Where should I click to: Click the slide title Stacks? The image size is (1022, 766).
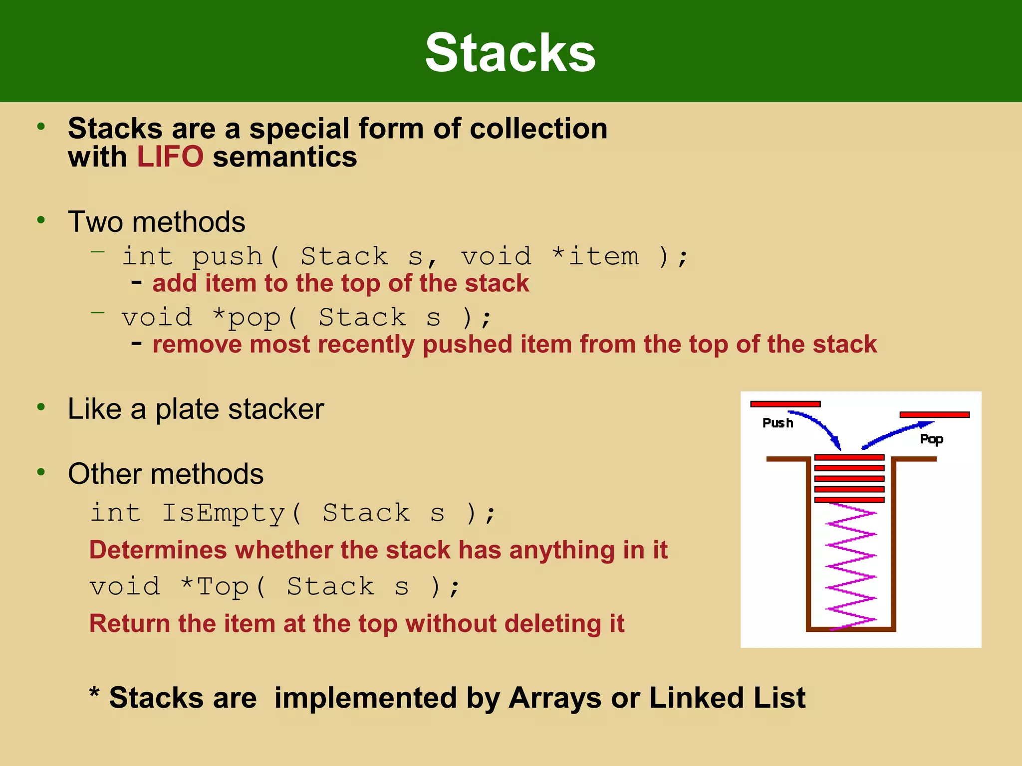[510, 52]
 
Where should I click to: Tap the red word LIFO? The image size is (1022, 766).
[170, 157]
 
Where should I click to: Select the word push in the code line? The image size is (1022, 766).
[228, 256]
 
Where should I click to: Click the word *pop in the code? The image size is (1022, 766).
[246, 318]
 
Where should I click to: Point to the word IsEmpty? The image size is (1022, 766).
[223, 513]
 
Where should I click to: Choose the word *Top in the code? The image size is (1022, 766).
[215, 586]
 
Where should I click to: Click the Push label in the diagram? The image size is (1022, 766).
[777, 423]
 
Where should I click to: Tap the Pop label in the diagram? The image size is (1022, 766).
[931, 439]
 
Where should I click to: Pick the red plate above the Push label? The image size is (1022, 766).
[785, 404]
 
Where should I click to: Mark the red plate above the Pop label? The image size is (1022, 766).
[934, 414]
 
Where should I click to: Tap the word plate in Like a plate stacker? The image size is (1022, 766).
[188, 409]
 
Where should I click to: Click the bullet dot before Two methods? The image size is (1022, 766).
[41, 219]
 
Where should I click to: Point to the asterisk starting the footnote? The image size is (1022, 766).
[94, 693]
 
